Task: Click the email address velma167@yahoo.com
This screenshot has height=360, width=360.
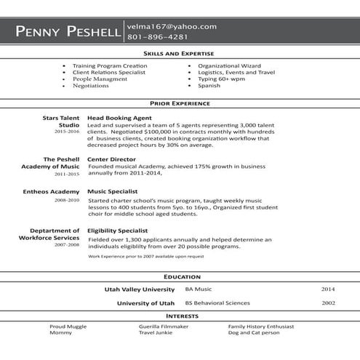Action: [x=172, y=26]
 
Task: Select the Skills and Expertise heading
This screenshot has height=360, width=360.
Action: [x=180, y=54]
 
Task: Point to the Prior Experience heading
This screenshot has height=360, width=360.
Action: [x=180, y=103]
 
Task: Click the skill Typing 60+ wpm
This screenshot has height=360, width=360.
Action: [x=222, y=79]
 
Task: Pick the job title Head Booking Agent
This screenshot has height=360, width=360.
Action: [x=119, y=116]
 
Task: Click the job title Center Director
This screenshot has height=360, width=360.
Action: [x=112, y=158]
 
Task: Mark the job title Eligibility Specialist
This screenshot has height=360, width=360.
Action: [x=119, y=231]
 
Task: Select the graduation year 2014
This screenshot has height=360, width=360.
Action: [x=328, y=289]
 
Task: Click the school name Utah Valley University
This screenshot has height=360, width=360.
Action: [x=140, y=289]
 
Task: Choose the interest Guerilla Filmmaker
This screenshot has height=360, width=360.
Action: [x=164, y=327]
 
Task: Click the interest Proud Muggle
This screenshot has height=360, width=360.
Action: [x=67, y=327]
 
